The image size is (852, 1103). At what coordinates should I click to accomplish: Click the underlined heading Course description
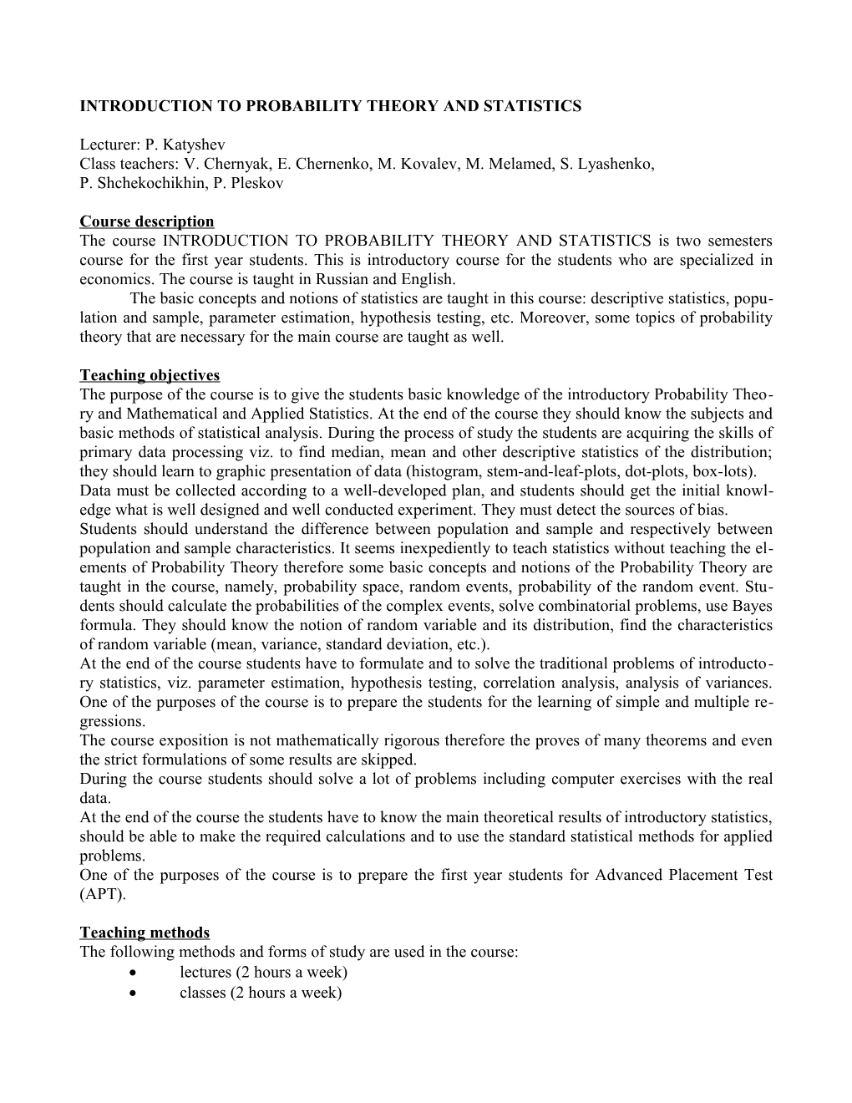pos(147,221)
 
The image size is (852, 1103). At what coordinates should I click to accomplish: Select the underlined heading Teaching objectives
pos(150,375)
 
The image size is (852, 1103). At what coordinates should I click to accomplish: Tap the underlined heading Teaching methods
pos(145,933)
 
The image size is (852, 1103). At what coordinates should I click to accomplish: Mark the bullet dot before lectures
pos(134,973)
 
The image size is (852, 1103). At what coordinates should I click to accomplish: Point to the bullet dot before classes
pos(134,993)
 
